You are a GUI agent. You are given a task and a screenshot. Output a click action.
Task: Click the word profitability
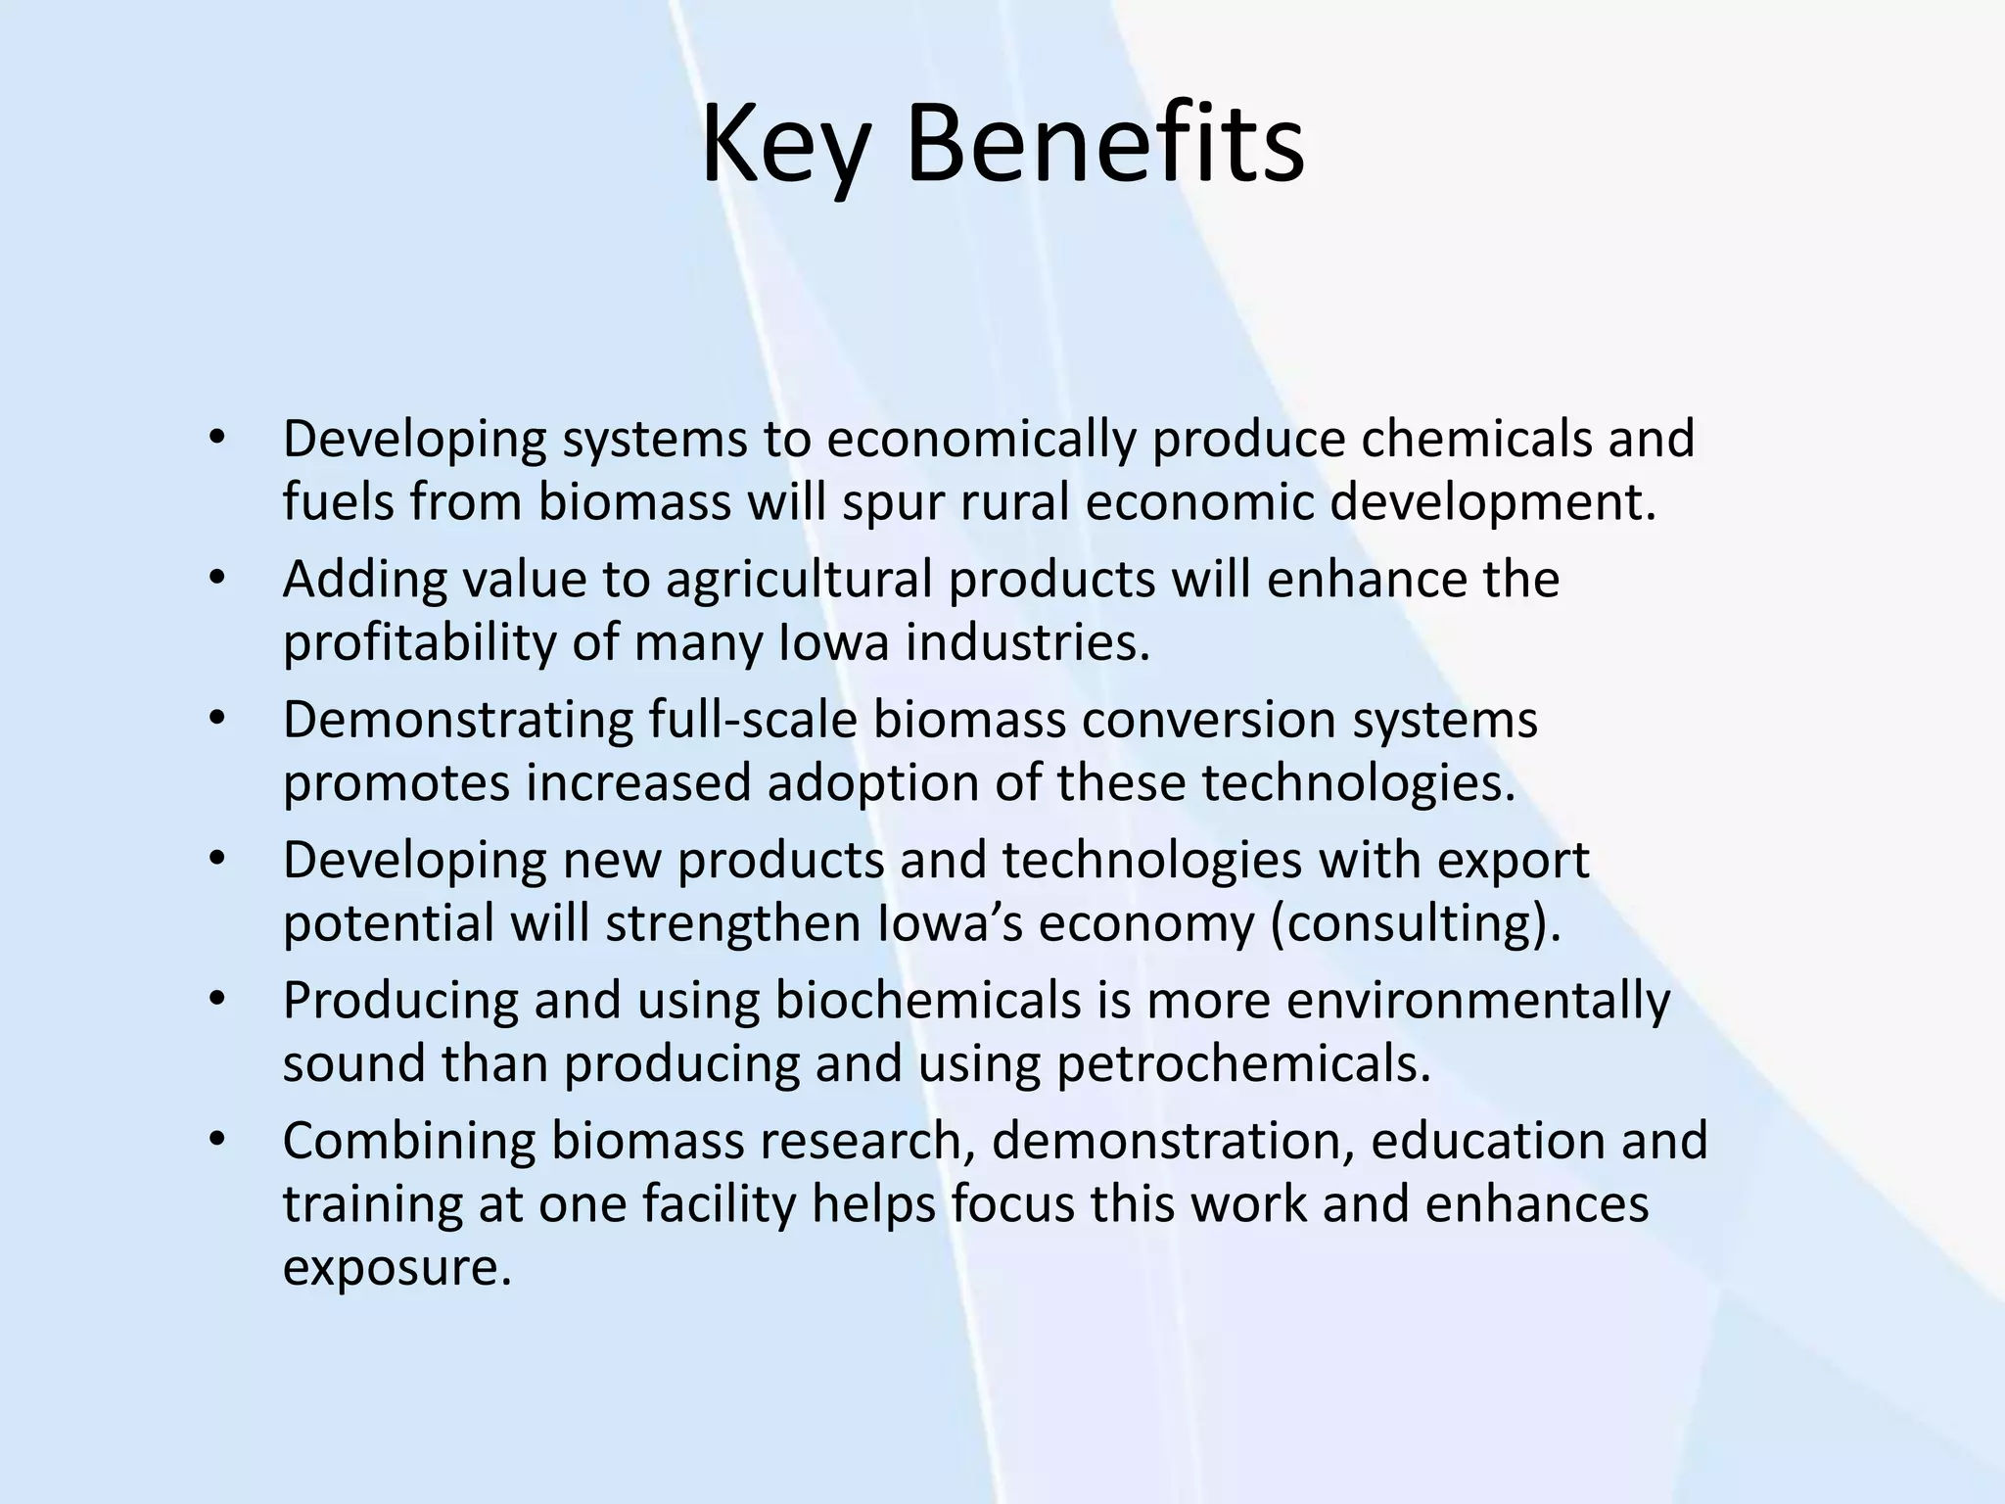pyautogui.click(x=418, y=643)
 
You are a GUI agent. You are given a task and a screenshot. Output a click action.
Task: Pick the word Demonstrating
pyautogui.click(x=458, y=721)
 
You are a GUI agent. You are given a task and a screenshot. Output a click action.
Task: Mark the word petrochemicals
pyautogui.click(x=1243, y=1064)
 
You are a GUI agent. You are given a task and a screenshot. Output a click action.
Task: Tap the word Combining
pyautogui.click(x=409, y=1142)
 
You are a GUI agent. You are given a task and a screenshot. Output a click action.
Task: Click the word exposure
pyautogui.click(x=397, y=1268)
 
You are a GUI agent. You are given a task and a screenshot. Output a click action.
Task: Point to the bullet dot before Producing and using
pyautogui.click(x=217, y=1000)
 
